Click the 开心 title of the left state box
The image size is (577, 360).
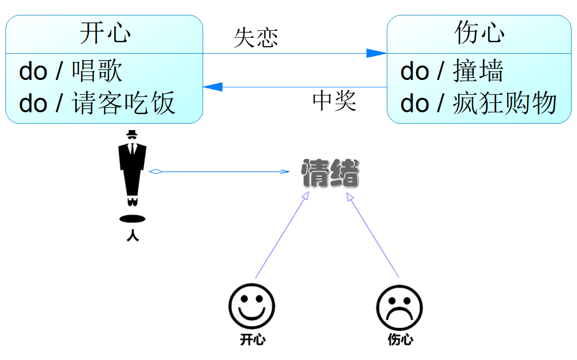[105, 34]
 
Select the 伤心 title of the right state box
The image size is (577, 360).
[479, 34]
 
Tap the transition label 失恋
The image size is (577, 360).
[256, 38]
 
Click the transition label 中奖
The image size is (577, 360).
[334, 101]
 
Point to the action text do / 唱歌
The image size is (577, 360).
[71, 72]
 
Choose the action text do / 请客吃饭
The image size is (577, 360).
[97, 104]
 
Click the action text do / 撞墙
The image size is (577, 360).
[451, 72]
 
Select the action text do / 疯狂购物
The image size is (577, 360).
[478, 104]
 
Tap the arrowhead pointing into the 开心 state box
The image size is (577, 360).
[213, 87]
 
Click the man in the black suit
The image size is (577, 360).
[132, 169]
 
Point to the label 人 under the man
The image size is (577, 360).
[133, 235]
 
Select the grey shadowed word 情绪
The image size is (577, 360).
[330, 173]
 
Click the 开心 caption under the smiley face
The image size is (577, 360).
[252, 340]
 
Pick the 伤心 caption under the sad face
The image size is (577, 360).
[400, 340]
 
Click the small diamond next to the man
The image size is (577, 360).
[156, 172]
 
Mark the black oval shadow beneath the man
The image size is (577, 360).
[133, 218]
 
